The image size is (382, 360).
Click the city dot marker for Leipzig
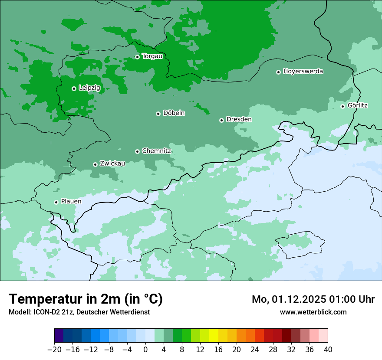point(74,88)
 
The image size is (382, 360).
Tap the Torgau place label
point(152,56)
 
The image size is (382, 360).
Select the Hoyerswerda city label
point(303,72)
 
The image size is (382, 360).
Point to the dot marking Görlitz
point(342,106)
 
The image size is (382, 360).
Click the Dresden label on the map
point(239,119)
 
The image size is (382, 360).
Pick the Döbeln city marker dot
point(158,114)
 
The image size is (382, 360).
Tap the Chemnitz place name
point(156,151)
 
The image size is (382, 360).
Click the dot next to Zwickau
point(95,164)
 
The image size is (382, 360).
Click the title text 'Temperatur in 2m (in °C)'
point(86,299)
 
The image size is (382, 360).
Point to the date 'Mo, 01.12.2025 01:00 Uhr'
point(313,299)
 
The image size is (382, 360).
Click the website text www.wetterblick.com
point(313,312)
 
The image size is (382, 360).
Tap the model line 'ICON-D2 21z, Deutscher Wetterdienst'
point(79,312)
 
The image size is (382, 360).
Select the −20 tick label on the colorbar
point(54,350)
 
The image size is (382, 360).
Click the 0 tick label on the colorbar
point(145,350)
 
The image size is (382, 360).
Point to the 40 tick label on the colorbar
point(328,350)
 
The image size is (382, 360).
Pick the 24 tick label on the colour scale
point(255,350)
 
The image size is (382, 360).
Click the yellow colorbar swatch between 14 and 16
point(214,336)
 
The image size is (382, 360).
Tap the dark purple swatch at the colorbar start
point(59,336)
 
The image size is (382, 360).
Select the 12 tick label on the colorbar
point(200,350)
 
